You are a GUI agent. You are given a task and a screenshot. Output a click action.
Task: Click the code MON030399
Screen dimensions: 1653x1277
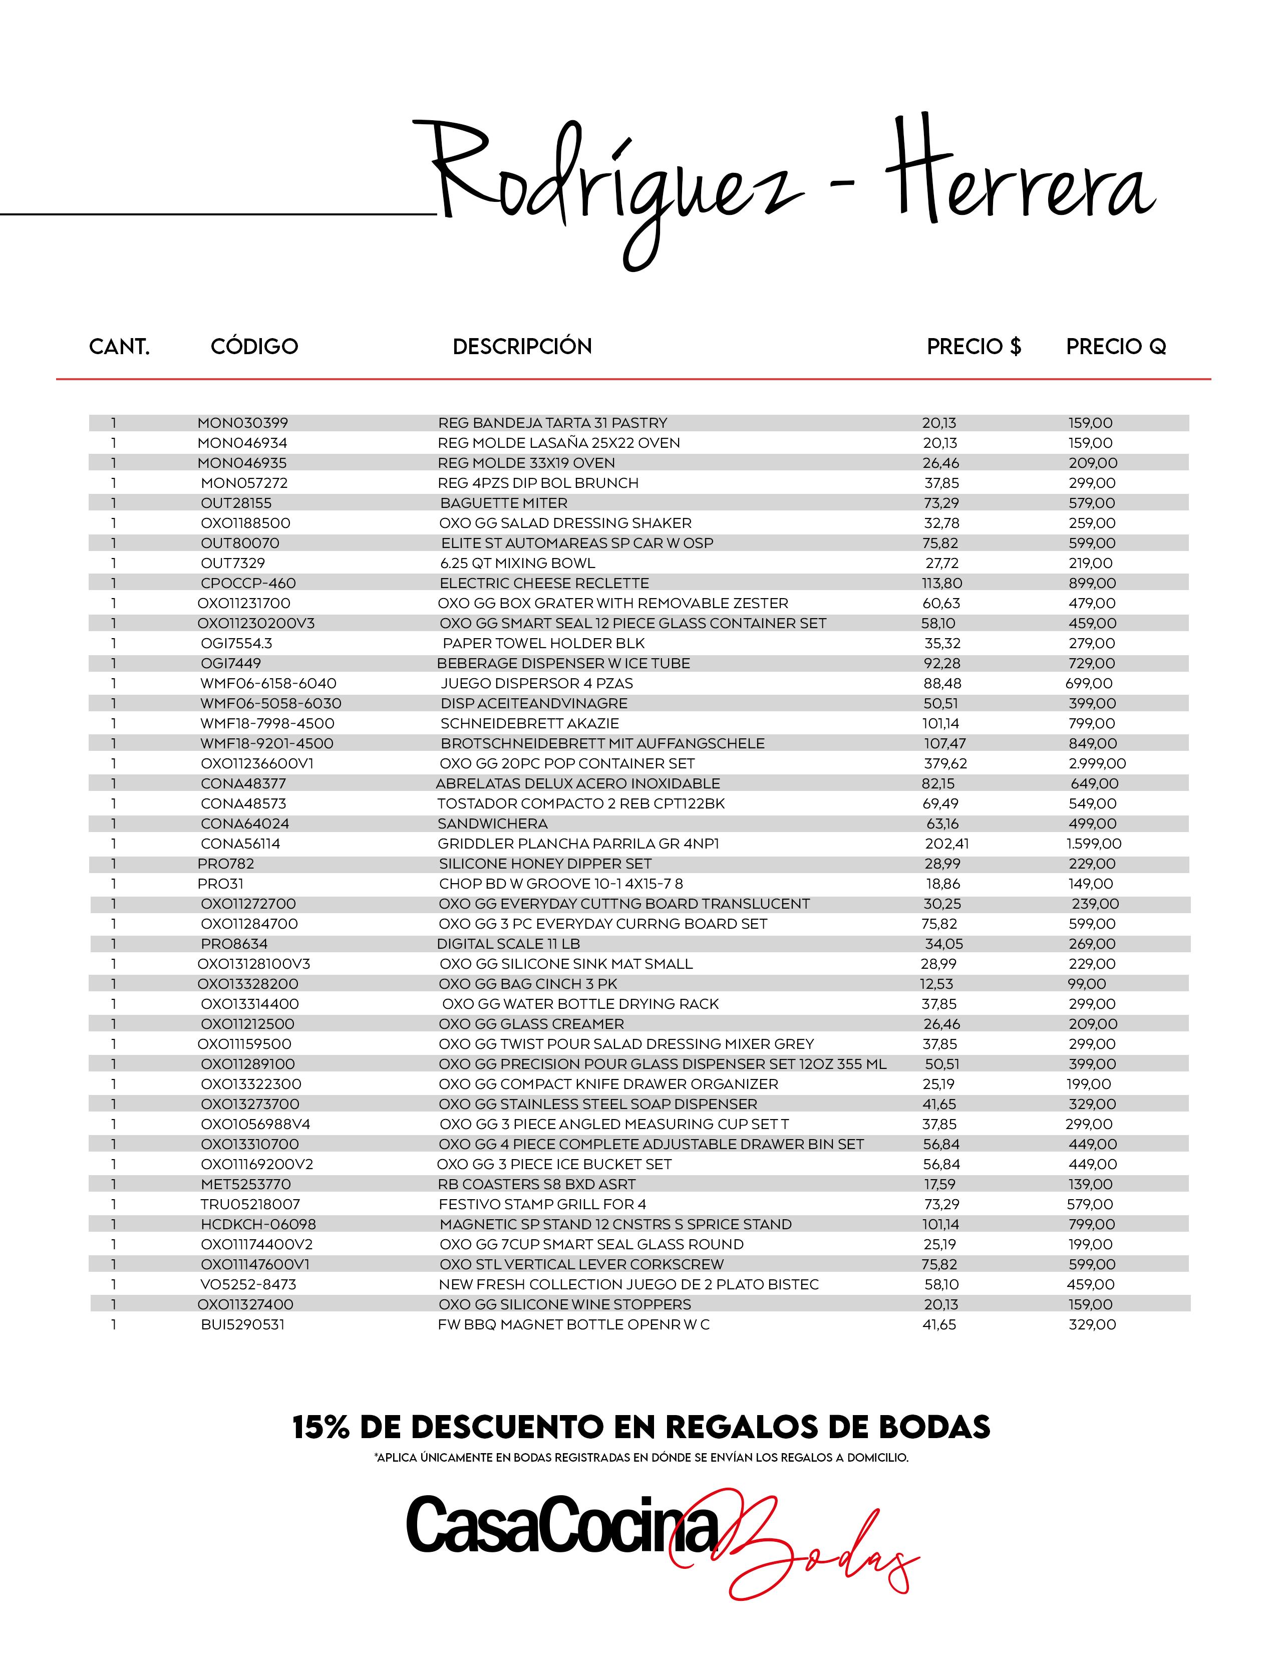pyautogui.click(x=243, y=423)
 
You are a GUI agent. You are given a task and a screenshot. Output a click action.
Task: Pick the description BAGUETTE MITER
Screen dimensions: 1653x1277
pyautogui.click(x=504, y=503)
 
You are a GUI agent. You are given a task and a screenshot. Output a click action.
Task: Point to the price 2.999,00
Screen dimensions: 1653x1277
pyautogui.click(x=1097, y=764)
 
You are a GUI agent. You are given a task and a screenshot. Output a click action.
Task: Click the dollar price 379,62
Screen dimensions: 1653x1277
pyautogui.click(x=945, y=764)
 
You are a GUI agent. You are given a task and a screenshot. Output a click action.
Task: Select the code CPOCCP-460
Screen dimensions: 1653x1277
pyautogui.click(x=248, y=584)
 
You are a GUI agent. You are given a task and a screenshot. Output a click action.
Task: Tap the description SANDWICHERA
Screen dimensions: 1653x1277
pyautogui.click(x=492, y=823)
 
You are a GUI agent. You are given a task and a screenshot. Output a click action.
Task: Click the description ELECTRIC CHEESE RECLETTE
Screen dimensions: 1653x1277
pyautogui.click(x=544, y=584)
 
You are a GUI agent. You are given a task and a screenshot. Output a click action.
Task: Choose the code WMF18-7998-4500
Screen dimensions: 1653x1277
pyautogui.click(x=267, y=724)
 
